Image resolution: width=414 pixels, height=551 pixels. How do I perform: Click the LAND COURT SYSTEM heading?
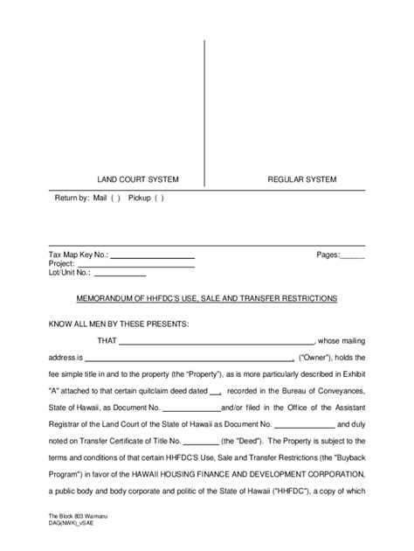[x=137, y=180]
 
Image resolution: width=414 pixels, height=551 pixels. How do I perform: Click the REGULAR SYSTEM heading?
[x=302, y=180]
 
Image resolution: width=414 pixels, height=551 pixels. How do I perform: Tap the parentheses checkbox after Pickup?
[x=159, y=199]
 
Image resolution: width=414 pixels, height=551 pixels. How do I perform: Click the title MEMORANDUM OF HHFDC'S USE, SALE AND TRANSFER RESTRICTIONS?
[x=207, y=299]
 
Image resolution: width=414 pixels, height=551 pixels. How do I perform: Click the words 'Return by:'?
[x=72, y=199]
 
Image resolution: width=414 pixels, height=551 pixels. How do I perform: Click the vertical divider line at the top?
[x=204, y=105]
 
